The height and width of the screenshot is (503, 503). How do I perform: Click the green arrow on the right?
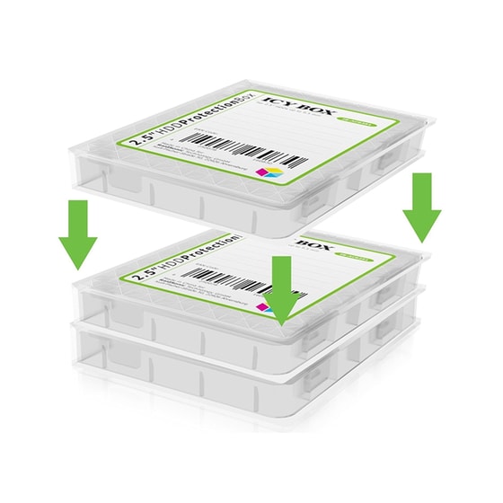click(421, 207)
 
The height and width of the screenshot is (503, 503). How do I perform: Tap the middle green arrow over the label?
click(281, 287)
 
